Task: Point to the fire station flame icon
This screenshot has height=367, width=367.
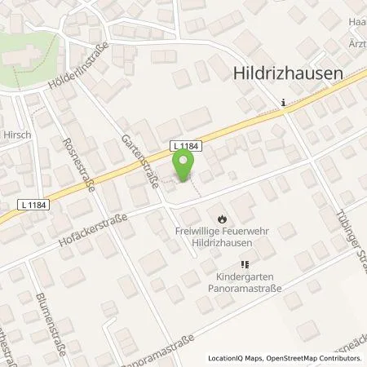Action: coord(223,217)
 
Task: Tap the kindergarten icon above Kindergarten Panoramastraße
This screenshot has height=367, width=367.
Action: coord(243,264)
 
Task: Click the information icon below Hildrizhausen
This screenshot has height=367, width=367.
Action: coord(282,102)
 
